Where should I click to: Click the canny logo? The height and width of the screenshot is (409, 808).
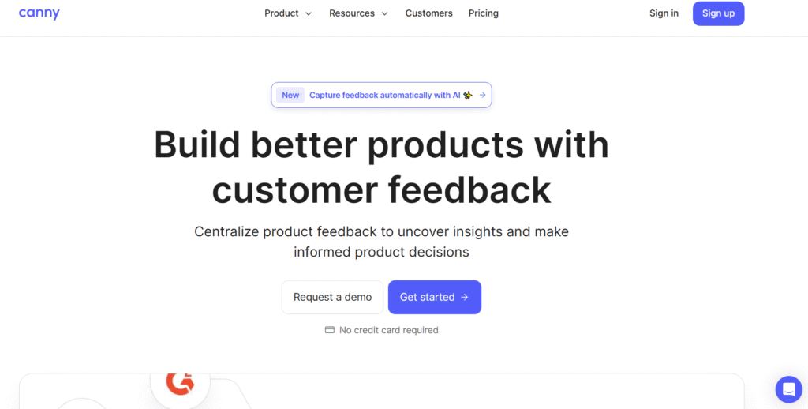(x=39, y=13)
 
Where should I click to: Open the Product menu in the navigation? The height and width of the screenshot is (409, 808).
(x=282, y=13)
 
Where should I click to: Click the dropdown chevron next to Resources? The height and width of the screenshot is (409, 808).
(x=385, y=13)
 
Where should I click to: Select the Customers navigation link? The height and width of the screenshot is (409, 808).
(x=428, y=13)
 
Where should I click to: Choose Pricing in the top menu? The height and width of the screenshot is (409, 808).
(x=483, y=13)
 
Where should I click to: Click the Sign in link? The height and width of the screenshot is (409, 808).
(x=664, y=13)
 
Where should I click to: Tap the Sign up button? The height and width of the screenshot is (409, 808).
(x=718, y=13)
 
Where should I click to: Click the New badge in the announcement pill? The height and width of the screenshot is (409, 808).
(x=290, y=96)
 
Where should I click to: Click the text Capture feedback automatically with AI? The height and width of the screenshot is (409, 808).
(x=384, y=96)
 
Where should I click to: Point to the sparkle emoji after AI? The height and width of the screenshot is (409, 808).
(x=468, y=96)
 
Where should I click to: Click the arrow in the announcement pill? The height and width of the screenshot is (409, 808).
(x=482, y=96)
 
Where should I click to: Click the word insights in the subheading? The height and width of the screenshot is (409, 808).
(x=477, y=231)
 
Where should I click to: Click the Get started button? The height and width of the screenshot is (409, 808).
(x=434, y=297)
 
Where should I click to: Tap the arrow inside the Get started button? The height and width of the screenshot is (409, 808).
(x=465, y=297)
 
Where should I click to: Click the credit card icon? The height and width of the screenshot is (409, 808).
(x=330, y=330)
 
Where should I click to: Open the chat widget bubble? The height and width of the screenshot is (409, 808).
(x=788, y=389)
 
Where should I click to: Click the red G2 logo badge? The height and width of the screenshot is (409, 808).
(x=180, y=383)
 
